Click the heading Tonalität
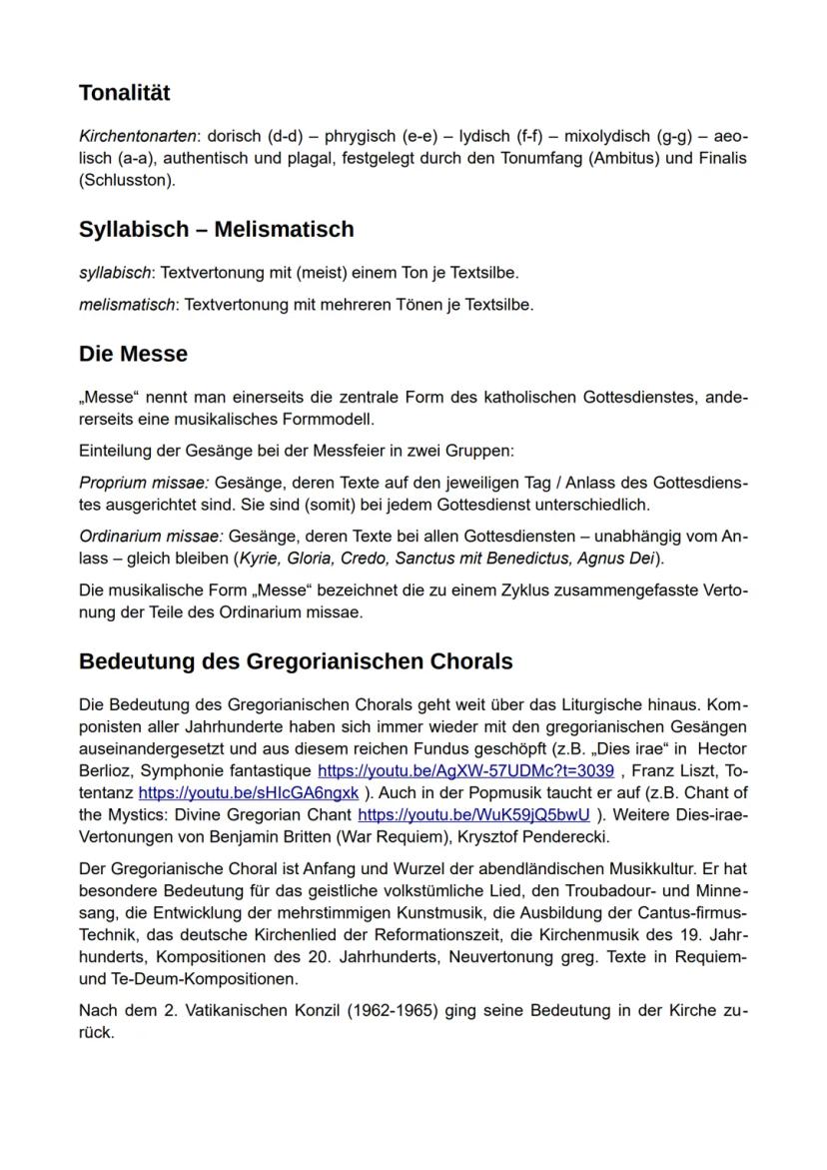pos(125,93)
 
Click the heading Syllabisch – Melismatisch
pos(216,229)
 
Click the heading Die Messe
pos(133,354)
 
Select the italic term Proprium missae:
pos(137,482)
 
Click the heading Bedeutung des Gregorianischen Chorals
pos(296,661)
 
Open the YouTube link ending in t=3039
pos(465,771)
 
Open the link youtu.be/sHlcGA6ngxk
pos(249,793)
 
